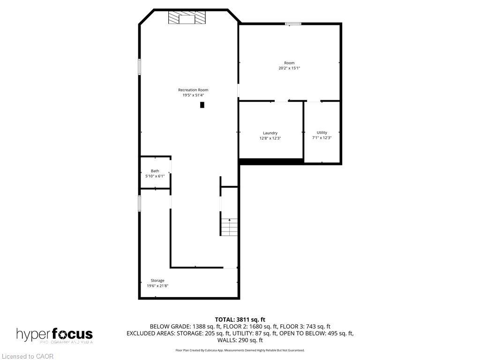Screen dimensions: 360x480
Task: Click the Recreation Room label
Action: (x=193, y=90)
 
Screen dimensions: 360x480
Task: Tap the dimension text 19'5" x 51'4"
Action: (x=193, y=95)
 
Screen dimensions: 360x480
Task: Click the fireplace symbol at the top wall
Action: (x=187, y=18)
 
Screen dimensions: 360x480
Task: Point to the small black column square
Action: (x=202, y=105)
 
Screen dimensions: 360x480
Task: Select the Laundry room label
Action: (x=270, y=133)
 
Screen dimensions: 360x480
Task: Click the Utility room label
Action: (x=322, y=133)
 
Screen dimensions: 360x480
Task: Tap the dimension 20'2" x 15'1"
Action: (x=289, y=68)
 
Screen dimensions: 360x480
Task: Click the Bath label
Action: (x=155, y=171)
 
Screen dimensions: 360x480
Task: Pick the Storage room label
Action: (x=157, y=280)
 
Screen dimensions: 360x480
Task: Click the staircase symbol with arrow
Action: (x=229, y=227)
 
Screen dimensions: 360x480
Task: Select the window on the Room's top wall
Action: (x=293, y=23)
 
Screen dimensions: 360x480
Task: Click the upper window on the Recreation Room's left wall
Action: (x=139, y=66)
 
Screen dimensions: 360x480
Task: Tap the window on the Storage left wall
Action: (x=139, y=203)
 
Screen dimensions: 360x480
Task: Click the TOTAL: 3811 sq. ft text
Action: (x=240, y=320)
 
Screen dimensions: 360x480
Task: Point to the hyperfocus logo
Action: (x=54, y=335)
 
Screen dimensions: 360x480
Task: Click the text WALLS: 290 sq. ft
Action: (x=240, y=340)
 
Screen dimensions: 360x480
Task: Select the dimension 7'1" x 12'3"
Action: (x=322, y=138)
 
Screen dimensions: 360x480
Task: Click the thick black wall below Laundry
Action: (x=271, y=161)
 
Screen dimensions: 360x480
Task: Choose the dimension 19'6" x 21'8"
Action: (x=157, y=285)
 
